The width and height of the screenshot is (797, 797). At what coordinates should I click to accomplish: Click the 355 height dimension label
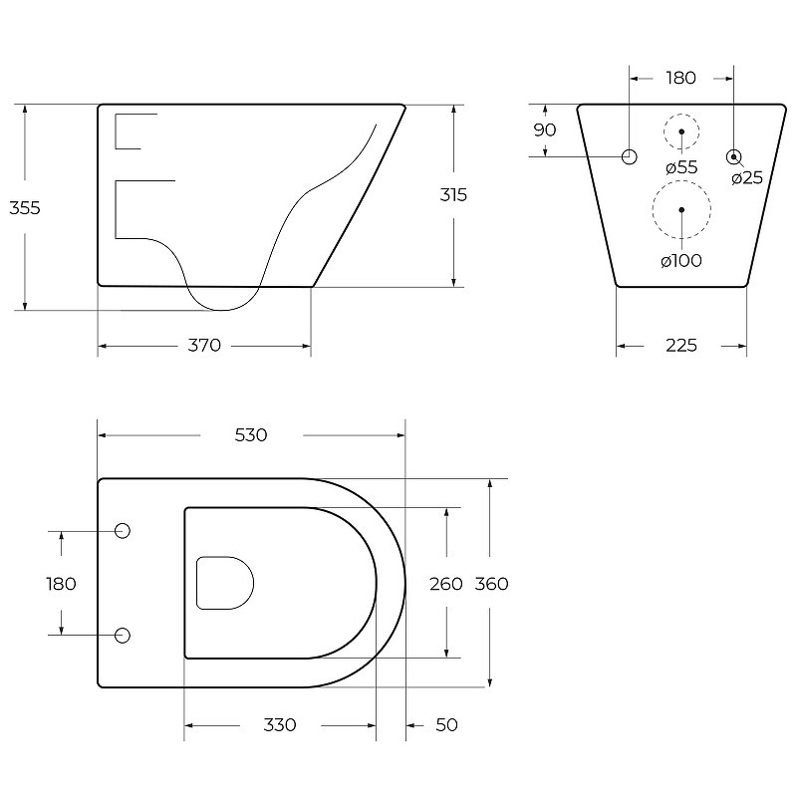click(24, 208)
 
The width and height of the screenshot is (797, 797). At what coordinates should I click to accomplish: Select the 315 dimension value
click(453, 194)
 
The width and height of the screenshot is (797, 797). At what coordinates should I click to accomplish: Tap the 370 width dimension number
click(204, 346)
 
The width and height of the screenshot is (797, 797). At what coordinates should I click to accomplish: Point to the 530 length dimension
click(251, 435)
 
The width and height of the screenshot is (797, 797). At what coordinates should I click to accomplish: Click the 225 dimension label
click(681, 346)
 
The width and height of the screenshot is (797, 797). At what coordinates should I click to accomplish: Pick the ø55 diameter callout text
click(681, 167)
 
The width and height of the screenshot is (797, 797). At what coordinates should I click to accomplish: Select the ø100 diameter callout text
click(681, 261)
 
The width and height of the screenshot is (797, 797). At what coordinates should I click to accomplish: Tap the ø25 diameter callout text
click(747, 178)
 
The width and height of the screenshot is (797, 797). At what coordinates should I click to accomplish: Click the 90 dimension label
click(544, 131)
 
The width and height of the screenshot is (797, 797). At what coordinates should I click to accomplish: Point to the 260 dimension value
click(445, 584)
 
